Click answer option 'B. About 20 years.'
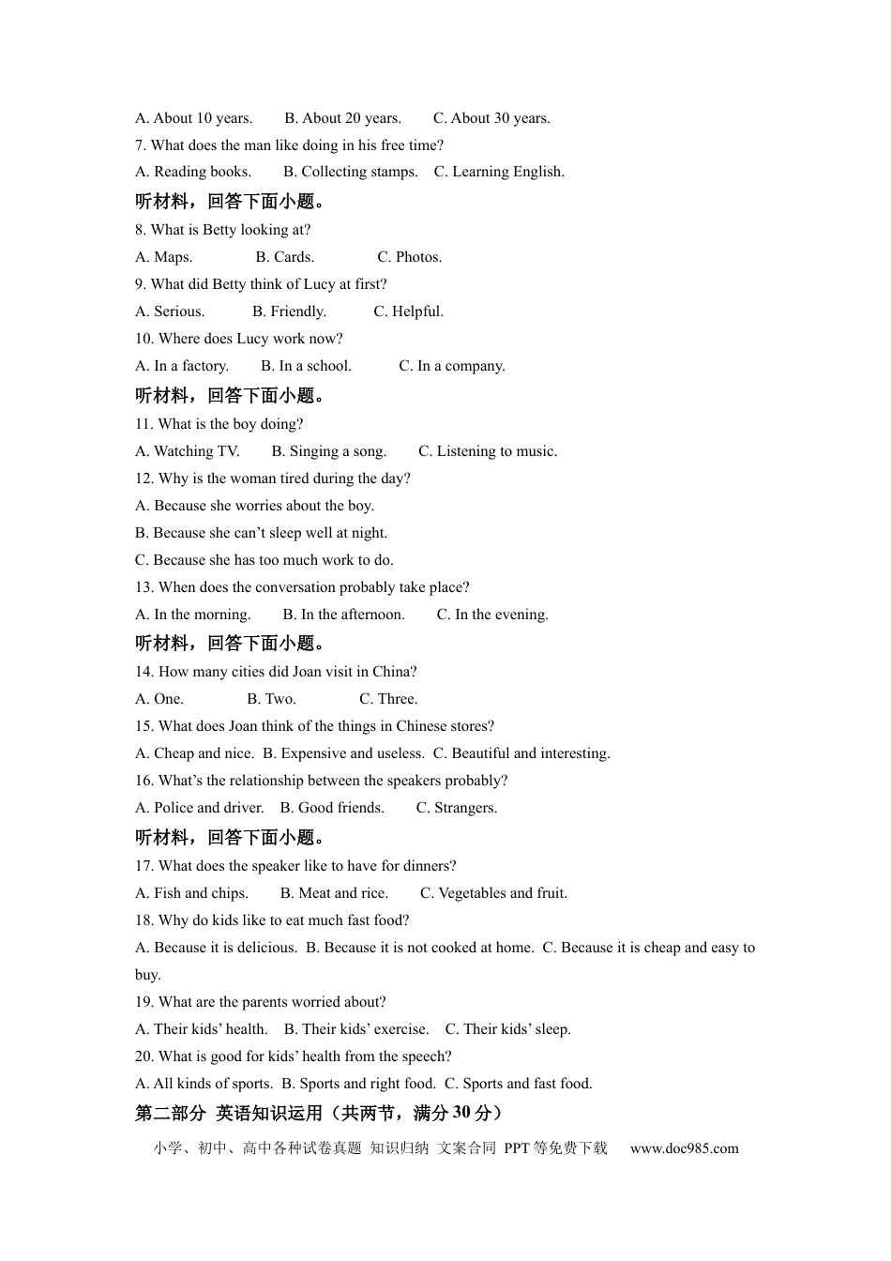pos(342,118)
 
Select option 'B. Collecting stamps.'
pos(350,172)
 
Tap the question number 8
pos(140,230)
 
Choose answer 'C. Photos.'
pos(409,257)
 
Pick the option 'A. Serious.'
pos(170,311)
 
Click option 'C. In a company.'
pos(451,366)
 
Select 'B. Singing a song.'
pos(328,451)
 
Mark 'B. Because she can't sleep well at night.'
pos(261,533)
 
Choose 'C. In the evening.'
pos(492,615)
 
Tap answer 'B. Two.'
pos(271,699)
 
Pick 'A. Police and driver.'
pos(200,808)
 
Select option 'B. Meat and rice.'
pos(334,893)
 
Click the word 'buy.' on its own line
pos(148,975)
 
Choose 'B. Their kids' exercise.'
pos(356,1029)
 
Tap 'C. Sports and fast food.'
pos(518,1084)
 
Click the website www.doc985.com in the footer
pos(684,1148)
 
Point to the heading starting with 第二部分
pos(319,1113)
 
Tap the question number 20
pos(143,1056)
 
